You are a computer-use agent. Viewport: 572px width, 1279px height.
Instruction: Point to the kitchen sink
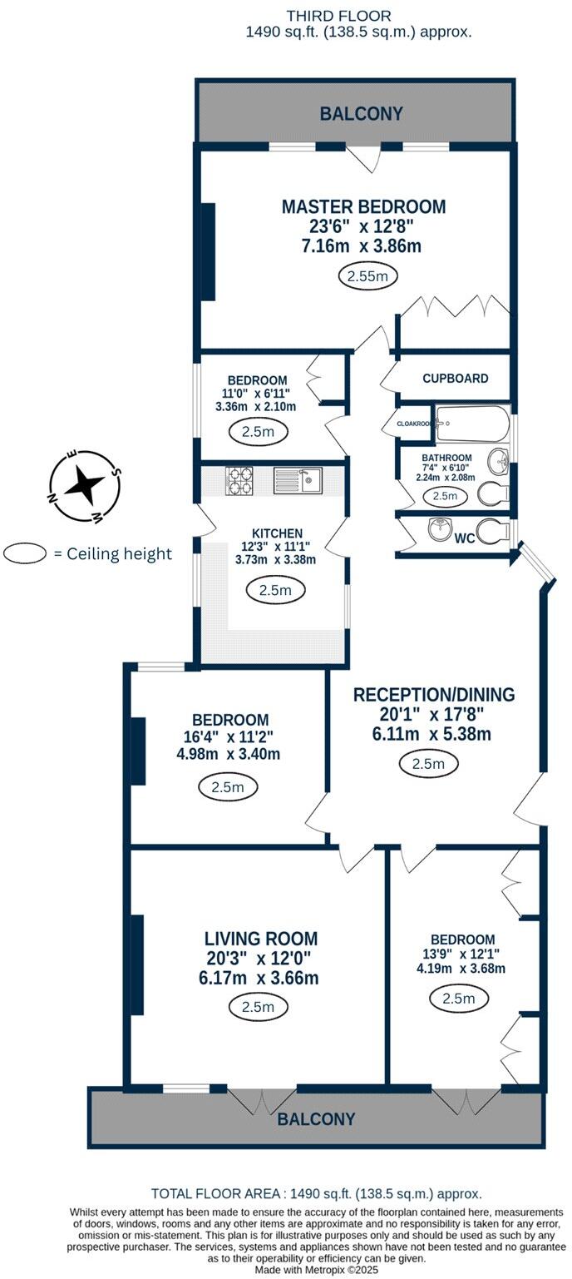298,479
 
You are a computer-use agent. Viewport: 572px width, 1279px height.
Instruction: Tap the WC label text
465,538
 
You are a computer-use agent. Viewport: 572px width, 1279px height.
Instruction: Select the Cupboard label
455,378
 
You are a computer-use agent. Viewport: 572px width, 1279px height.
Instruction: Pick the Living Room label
259,939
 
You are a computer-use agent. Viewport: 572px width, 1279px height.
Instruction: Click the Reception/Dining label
434,695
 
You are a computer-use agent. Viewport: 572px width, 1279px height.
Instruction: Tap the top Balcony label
362,114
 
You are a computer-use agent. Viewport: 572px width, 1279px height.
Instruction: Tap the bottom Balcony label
316,1119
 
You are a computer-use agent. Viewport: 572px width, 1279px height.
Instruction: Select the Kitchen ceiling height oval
276,591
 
